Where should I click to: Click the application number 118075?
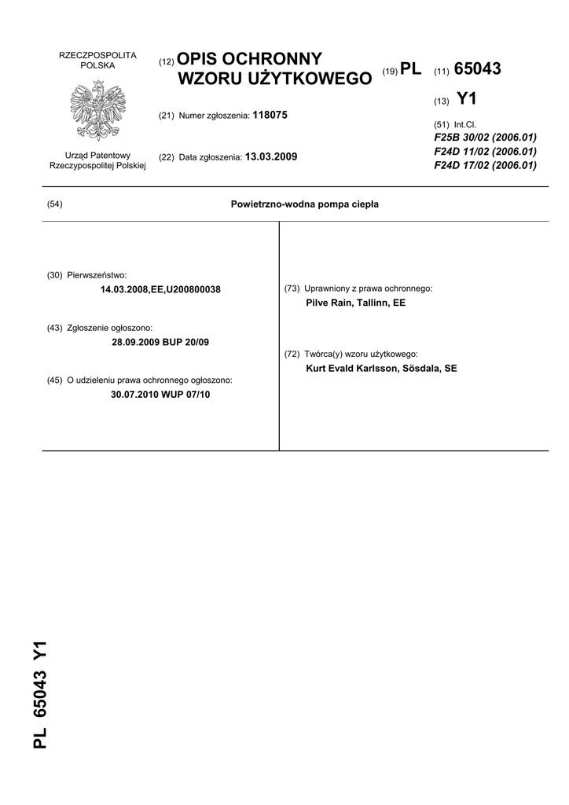[270, 115]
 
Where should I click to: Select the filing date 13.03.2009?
[271, 156]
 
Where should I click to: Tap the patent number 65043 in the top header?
[477, 69]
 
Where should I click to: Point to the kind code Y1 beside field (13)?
[466, 99]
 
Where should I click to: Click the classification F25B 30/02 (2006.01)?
[485, 138]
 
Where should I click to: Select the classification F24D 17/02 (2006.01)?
[485, 165]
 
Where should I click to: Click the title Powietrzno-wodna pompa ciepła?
[305, 204]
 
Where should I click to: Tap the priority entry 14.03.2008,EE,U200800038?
[161, 289]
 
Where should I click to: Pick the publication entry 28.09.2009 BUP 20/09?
[161, 342]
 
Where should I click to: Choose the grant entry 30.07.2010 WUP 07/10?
[161, 395]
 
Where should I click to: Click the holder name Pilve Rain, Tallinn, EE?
[355, 303]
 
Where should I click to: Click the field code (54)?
[55, 204]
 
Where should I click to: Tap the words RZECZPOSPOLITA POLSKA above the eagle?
[98, 61]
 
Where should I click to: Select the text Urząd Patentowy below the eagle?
[98, 156]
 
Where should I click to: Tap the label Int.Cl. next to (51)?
[465, 124]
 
